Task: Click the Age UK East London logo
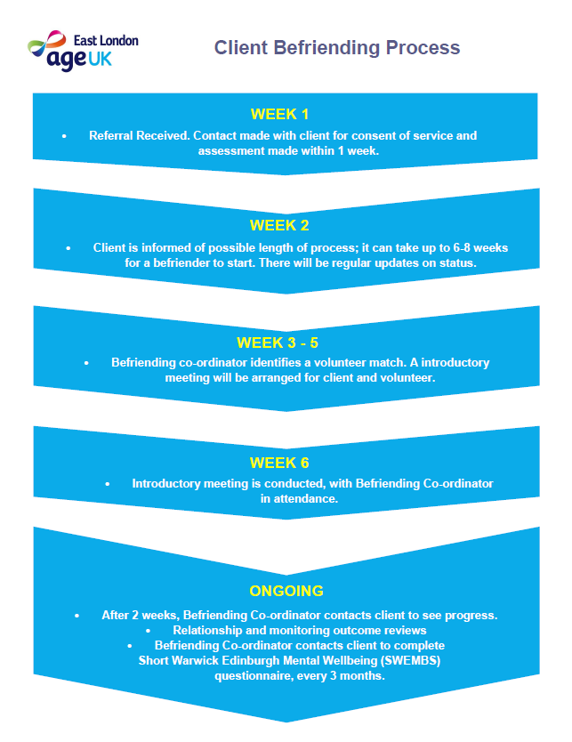(84, 51)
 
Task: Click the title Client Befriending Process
(337, 48)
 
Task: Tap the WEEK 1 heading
(279, 114)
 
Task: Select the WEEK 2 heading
(279, 225)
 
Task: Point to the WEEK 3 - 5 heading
(278, 343)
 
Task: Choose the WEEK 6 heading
(279, 463)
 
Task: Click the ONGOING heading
(286, 591)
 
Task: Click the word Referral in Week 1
(110, 136)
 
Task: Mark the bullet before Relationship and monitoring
(148, 631)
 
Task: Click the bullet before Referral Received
(64, 136)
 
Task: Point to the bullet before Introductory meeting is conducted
(108, 484)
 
